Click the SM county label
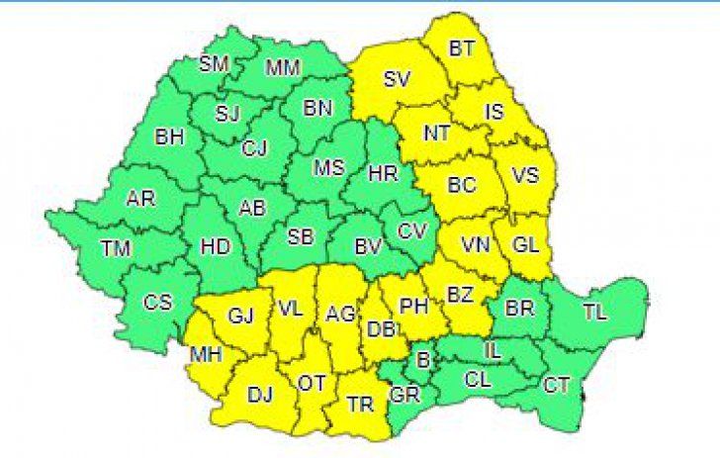(214, 64)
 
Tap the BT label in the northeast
(461, 47)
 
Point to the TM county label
(115, 250)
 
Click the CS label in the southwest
(157, 303)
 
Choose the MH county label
(208, 355)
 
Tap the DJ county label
(259, 395)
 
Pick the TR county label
(359, 405)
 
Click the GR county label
(404, 392)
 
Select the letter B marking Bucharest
(423, 361)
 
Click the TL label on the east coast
(594, 313)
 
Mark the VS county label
(526, 177)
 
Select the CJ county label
(255, 148)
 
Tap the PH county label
(412, 306)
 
